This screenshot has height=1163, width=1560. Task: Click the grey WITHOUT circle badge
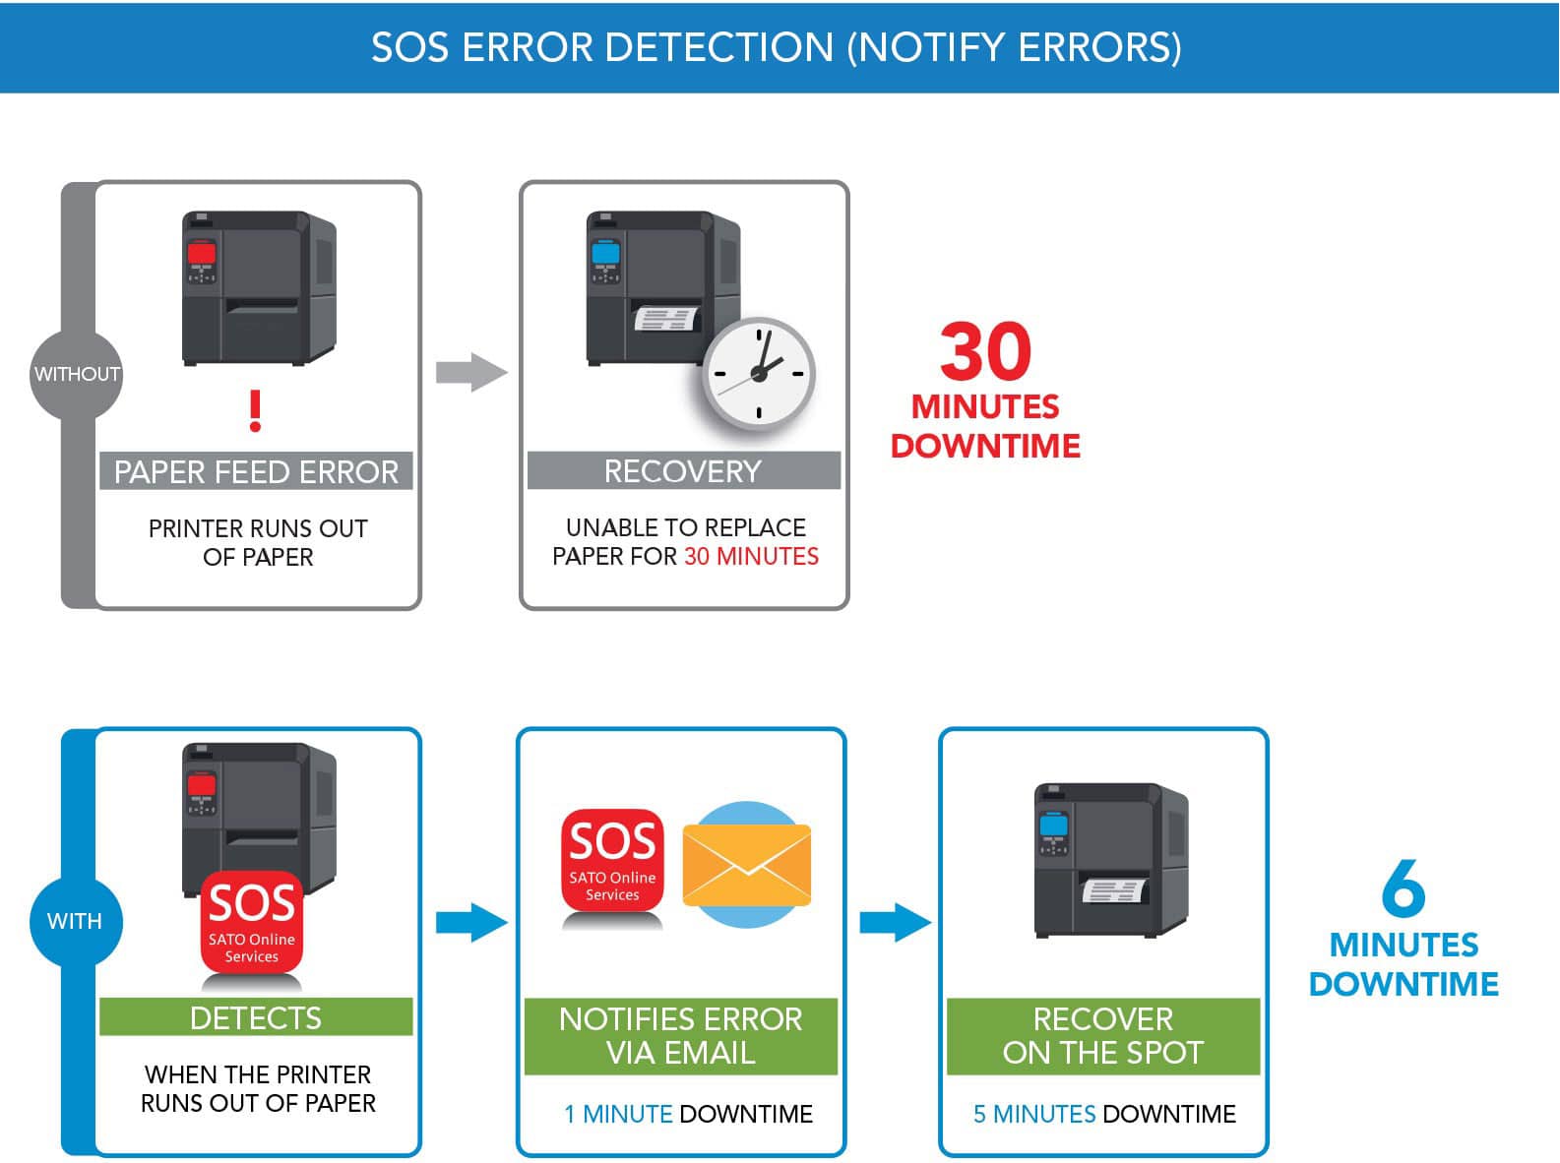click(76, 374)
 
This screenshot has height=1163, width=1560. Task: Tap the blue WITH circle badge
click(75, 921)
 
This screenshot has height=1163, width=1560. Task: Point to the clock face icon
click(758, 374)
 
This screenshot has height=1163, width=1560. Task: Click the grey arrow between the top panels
click(471, 372)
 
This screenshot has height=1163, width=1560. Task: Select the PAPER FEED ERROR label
click(256, 471)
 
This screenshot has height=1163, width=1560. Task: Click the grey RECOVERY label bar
click(683, 470)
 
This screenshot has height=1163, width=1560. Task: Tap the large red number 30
click(985, 351)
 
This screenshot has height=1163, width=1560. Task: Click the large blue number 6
click(1403, 888)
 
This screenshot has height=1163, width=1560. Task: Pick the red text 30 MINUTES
click(751, 556)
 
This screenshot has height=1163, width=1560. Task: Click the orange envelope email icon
click(747, 865)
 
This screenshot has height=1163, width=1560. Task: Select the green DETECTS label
click(256, 1017)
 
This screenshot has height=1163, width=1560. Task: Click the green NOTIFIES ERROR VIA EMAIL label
click(681, 1035)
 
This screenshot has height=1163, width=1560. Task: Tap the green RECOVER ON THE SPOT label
click(1102, 1035)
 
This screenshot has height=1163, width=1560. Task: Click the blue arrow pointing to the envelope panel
click(471, 922)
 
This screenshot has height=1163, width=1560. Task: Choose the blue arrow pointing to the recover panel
click(895, 922)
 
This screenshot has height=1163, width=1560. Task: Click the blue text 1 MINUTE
click(618, 1114)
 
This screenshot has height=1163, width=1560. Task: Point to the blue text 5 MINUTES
click(1033, 1114)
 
